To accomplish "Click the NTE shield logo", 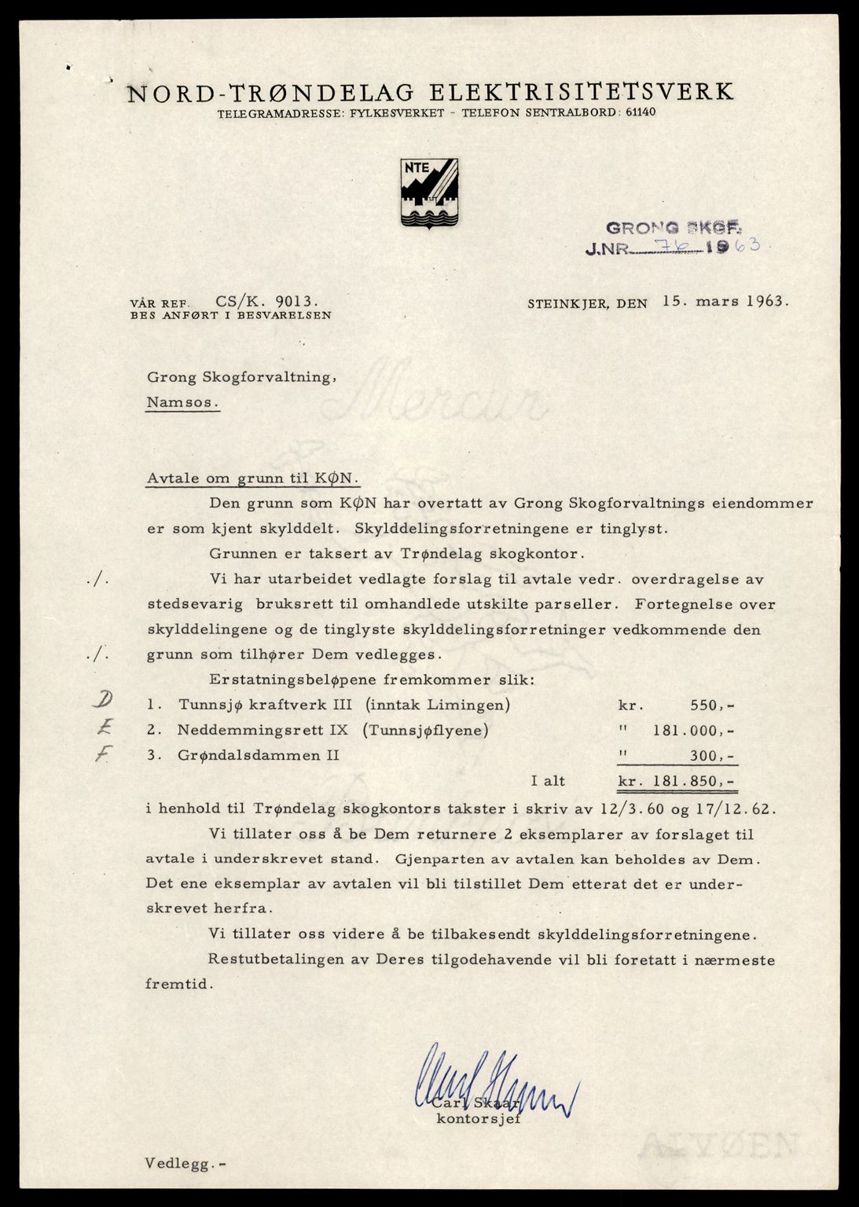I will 429,193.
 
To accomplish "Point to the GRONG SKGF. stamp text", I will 674,229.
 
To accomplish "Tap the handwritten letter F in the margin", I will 100,755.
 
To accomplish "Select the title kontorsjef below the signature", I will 479,1120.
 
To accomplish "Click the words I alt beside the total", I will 548,781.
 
